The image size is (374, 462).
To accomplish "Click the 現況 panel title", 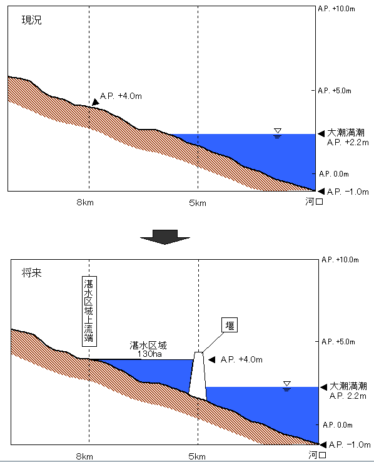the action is [x=31, y=20].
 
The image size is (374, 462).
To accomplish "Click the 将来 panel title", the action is [x=31, y=273].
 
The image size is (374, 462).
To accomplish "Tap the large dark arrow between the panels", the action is [x=165, y=237].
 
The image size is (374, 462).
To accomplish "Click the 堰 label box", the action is [x=230, y=325].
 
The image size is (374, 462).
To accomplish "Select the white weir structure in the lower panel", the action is [x=198, y=376].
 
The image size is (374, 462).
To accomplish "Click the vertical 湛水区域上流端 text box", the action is [x=89, y=311].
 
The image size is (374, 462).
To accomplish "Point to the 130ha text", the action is [x=149, y=354].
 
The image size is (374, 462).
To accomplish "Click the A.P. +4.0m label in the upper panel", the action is [x=121, y=96].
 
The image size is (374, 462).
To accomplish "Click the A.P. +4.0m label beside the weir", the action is [x=241, y=359].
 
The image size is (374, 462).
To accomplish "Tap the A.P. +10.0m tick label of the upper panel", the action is [x=336, y=9].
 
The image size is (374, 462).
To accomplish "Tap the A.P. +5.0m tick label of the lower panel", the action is [x=338, y=342].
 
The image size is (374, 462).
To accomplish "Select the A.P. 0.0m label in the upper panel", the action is [x=334, y=174].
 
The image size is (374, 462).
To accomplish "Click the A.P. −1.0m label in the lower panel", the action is [x=350, y=444].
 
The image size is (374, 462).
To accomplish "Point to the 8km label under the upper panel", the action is [x=85, y=202].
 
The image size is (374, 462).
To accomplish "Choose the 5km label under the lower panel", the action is [x=197, y=457].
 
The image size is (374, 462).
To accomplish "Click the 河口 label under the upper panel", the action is [x=314, y=202].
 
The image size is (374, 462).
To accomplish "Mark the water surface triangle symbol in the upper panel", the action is [x=278, y=133].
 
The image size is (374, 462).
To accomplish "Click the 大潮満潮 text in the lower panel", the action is [x=348, y=386].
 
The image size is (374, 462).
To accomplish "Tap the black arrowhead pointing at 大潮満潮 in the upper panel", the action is [x=321, y=134].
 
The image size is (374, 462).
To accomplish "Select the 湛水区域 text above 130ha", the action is [x=148, y=345].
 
